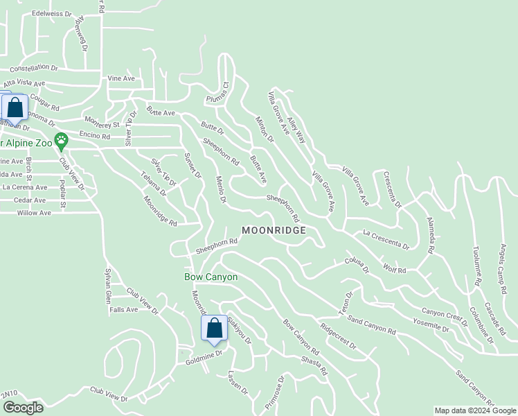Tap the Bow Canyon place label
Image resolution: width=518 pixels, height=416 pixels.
point(211,277)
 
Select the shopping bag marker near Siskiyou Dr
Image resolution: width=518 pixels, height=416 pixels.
point(215,328)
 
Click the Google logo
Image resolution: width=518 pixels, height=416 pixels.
point(23,408)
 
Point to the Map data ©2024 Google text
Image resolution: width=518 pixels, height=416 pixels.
point(475,410)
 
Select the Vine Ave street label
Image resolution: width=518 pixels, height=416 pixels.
point(121,78)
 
